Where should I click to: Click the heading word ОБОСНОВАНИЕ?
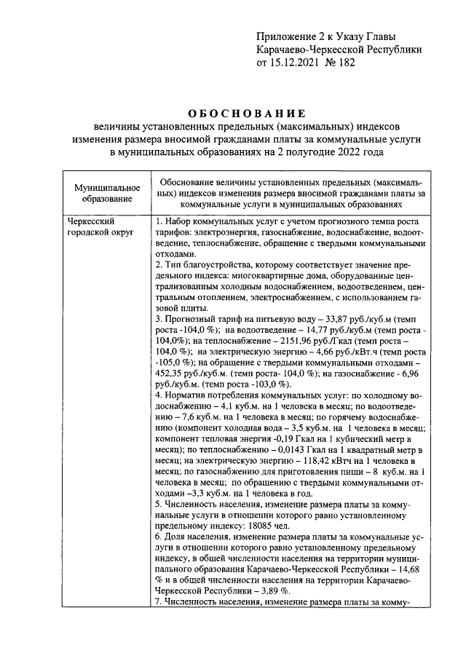(x=245, y=114)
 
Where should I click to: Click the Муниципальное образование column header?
(x=106, y=193)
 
